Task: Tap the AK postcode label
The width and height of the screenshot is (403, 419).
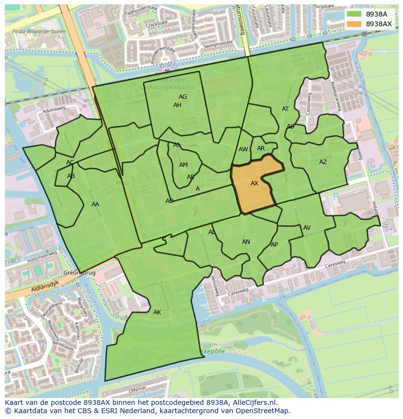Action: pyautogui.click(x=157, y=312)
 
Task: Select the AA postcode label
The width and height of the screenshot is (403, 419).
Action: pyautogui.click(x=95, y=204)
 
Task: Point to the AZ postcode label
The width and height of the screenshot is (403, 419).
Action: pyautogui.click(x=323, y=162)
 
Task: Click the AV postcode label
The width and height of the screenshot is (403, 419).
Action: pyautogui.click(x=307, y=228)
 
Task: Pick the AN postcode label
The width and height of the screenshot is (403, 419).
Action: pyautogui.click(x=246, y=242)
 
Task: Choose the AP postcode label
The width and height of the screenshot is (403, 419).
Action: pyautogui.click(x=274, y=245)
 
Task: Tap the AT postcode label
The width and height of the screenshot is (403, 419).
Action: pyautogui.click(x=285, y=109)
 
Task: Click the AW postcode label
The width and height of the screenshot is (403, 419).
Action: pyautogui.click(x=243, y=149)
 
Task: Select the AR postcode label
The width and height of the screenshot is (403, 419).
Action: pyautogui.click(x=261, y=148)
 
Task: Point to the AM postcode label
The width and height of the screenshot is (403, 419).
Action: pyautogui.click(x=183, y=165)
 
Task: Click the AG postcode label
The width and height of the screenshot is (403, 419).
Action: pyautogui.click(x=183, y=97)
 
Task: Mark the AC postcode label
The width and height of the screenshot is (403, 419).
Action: pyautogui.click(x=70, y=163)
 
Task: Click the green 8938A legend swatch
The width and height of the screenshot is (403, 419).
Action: pyautogui.click(x=354, y=14)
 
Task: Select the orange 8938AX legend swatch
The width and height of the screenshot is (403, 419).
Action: pyautogui.click(x=354, y=24)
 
